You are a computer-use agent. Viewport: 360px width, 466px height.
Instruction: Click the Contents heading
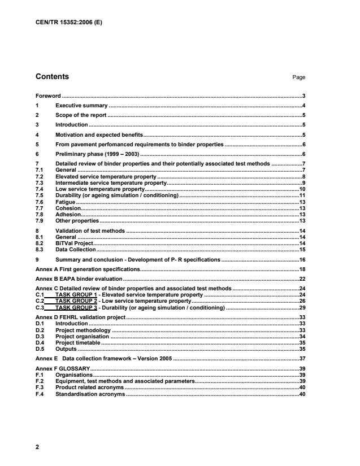click(52, 76)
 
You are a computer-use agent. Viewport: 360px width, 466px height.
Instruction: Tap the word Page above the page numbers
click(299, 77)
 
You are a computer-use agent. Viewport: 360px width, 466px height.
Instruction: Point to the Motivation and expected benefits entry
click(99, 134)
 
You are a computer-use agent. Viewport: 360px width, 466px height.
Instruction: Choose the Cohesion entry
click(68, 208)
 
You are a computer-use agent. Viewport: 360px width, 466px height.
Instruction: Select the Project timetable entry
click(78, 342)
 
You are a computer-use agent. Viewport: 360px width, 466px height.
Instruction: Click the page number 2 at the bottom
click(37, 446)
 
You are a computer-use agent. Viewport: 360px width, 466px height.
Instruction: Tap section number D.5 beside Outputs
click(40, 349)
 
